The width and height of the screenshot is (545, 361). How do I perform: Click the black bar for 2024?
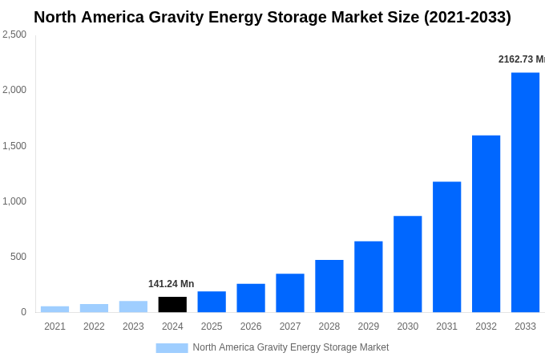click(x=172, y=305)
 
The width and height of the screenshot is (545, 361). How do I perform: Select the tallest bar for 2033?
click(x=525, y=193)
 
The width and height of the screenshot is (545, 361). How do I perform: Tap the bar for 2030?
click(x=407, y=264)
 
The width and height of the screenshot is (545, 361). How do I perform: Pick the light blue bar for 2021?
click(x=54, y=309)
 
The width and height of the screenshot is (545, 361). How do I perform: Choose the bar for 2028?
click(x=329, y=286)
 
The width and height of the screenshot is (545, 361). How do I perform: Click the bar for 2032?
click(x=486, y=224)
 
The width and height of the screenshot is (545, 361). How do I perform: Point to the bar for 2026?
click(x=251, y=298)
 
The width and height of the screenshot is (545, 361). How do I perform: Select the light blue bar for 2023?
click(x=133, y=306)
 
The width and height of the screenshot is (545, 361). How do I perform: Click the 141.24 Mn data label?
click(x=171, y=284)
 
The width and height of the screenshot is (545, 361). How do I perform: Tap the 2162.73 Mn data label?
click(x=521, y=59)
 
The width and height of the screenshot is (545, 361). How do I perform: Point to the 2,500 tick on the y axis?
click(x=14, y=34)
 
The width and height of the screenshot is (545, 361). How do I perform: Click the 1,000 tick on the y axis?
click(x=14, y=201)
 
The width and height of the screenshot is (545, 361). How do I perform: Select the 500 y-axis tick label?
click(x=18, y=257)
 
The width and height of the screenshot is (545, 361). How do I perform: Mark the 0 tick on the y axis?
click(x=23, y=312)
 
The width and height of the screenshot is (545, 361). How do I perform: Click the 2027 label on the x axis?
click(x=290, y=327)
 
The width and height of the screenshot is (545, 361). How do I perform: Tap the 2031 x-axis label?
click(x=446, y=327)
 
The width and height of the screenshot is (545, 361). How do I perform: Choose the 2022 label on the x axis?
click(x=94, y=327)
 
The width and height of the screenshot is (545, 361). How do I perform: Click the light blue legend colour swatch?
click(x=172, y=348)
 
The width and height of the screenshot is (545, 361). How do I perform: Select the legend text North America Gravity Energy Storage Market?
click(x=290, y=347)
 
